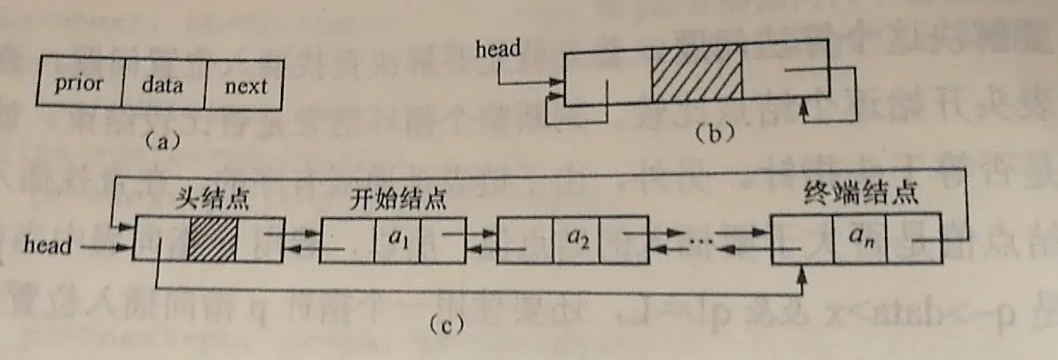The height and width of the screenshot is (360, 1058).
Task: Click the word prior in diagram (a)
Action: coord(79,85)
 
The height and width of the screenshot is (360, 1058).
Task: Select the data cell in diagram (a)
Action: coord(163,85)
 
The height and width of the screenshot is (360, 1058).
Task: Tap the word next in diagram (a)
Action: coord(244,86)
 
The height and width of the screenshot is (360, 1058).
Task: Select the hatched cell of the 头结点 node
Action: coord(213,239)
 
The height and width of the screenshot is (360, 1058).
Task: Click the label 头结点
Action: coord(209,200)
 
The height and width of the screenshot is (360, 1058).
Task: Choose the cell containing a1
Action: coord(396,239)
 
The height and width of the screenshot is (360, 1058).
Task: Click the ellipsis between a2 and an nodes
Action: coord(703,239)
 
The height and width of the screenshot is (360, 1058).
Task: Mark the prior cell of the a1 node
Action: coord(347,240)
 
